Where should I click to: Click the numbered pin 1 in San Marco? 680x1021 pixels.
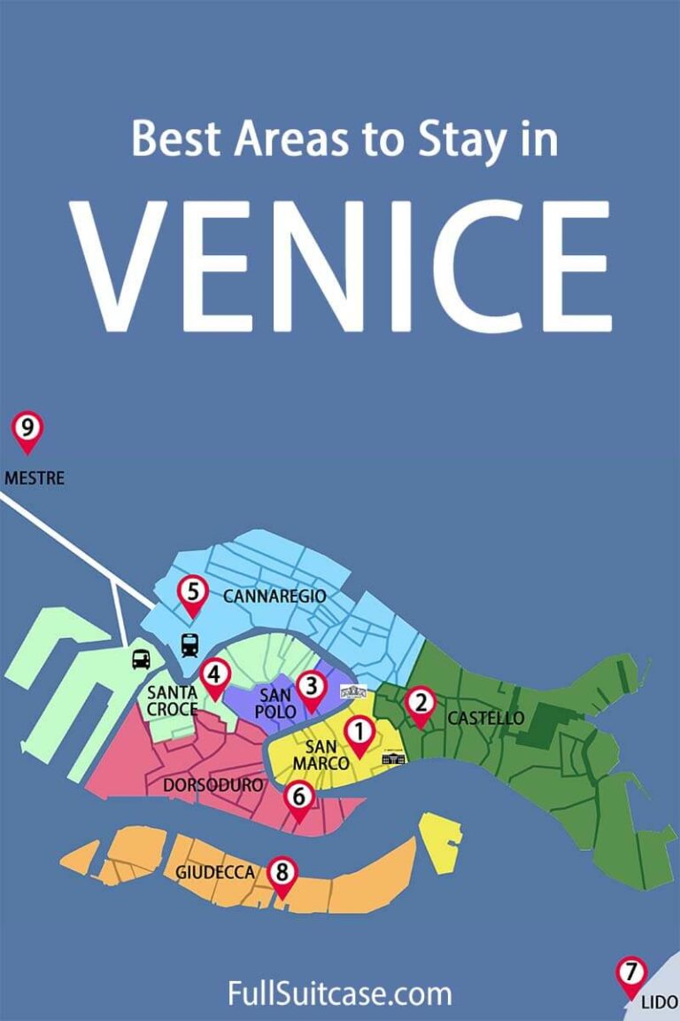click(359, 734)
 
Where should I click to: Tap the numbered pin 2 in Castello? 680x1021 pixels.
click(421, 705)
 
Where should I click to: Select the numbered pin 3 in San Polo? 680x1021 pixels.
click(311, 687)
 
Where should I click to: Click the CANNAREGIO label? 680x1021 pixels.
click(274, 596)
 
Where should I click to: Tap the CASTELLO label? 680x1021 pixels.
click(485, 718)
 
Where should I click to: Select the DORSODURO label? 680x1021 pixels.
click(213, 785)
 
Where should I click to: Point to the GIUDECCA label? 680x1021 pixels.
click(215, 873)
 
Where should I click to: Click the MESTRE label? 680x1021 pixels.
click(35, 479)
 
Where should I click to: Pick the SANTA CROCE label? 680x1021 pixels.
click(172, 701)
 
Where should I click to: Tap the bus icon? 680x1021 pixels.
click(141, 659)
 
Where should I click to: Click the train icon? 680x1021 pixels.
click(189, 644)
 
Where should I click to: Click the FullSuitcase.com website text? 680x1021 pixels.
click(340, 994)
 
